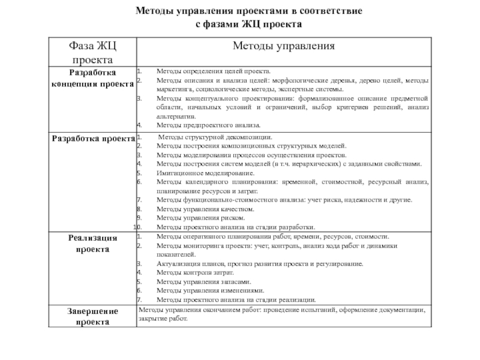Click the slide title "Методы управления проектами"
248,11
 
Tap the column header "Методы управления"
283,46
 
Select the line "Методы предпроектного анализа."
208,125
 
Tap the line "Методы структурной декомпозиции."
214,137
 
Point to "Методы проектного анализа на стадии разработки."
235,227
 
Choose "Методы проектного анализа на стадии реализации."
236,299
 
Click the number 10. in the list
137,227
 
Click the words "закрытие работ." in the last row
163,319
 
